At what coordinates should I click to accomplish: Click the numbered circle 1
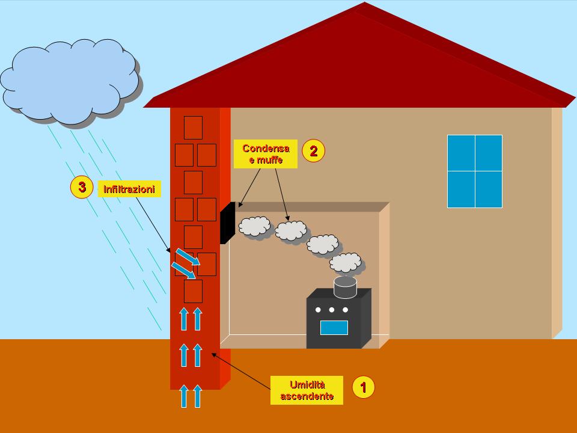click(x=363, y=387)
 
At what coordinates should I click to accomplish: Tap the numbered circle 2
click(x=314, y=150)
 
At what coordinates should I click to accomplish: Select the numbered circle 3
click(x=82, y=187)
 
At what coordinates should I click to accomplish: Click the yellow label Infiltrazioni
click(x=129, y=189)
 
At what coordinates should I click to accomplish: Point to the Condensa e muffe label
click(x=265, y=154)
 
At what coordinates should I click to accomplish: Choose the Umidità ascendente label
click(x=307, y=390)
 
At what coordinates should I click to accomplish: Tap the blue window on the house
click(x=475, y=171)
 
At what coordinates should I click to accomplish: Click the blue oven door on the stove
click(x=334, y=328)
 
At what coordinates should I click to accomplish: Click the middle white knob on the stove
click(x=332, y=310)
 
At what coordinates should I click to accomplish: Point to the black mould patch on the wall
click(x=227, y=223)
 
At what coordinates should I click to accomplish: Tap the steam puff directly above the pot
click(x=346, y=263)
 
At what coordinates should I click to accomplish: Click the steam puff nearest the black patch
click(x=255, y=226)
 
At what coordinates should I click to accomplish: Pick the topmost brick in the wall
click(x=193, y=127)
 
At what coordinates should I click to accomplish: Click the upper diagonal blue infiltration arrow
click(x=188, y=257)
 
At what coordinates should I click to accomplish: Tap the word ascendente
click(x=307, y=396)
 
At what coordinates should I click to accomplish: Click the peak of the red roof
click(x=364, y=2)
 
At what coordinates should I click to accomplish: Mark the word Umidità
click(x=307, y=385)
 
